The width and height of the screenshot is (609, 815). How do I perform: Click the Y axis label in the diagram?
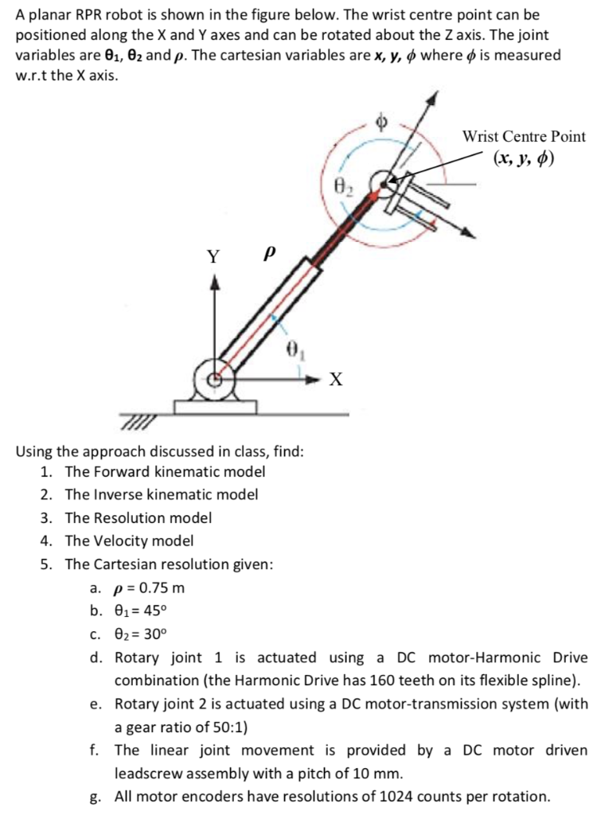pos(213,257)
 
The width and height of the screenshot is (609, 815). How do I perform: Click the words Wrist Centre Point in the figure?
pos(523,136)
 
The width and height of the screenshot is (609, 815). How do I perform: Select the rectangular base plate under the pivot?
pos(215,407)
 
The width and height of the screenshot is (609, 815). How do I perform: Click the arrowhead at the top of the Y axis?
pos(213,282)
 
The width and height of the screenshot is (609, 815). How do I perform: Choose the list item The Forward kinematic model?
pos(165,471)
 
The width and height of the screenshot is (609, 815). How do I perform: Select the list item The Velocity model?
pos(129,541)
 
